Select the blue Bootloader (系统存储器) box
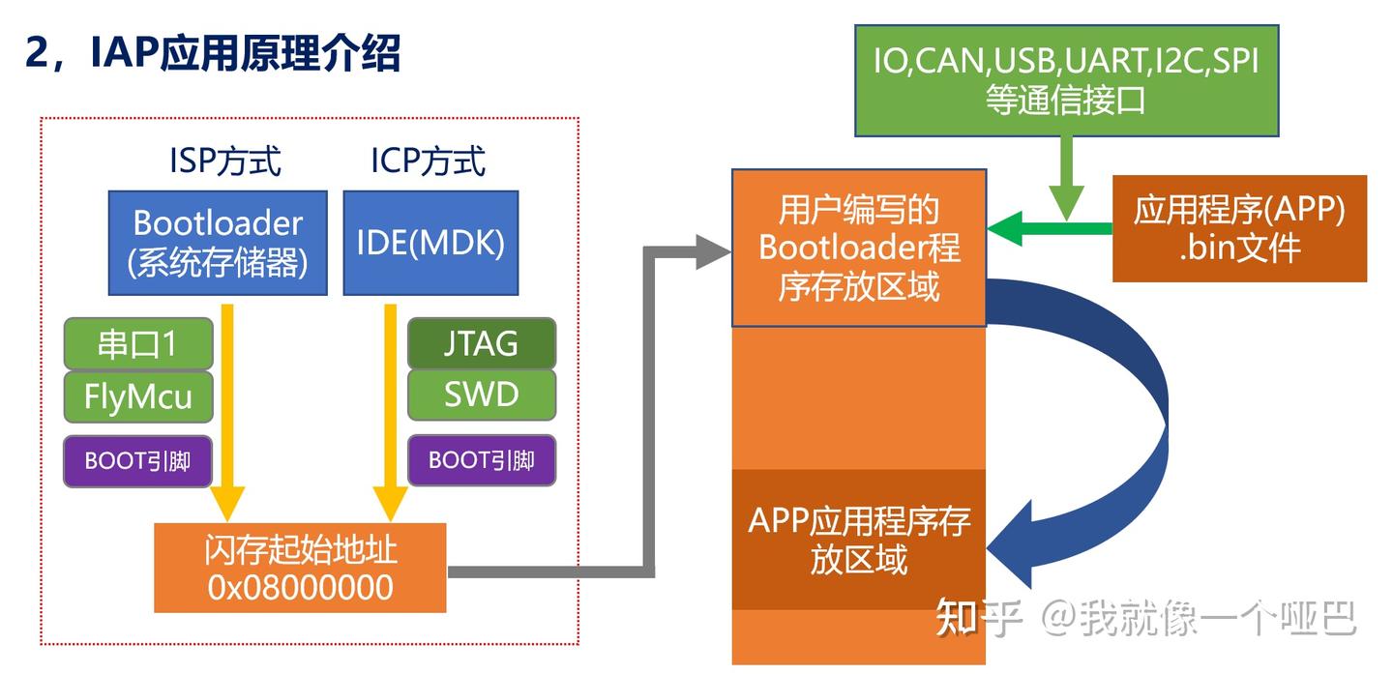[218, 243]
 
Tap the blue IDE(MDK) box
[430, 243]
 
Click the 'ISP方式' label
[224, 161]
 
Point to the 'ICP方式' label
[429, 161]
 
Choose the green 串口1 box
[138, 343]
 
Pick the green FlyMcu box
[138, 396]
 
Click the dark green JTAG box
[481, 343]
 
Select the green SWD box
[481, 395]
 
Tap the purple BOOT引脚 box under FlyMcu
[138, 460]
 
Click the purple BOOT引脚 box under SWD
[481, 460]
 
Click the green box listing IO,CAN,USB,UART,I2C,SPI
[1066, 80]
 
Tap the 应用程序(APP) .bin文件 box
[1238, 229]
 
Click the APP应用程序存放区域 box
[858, 540]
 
